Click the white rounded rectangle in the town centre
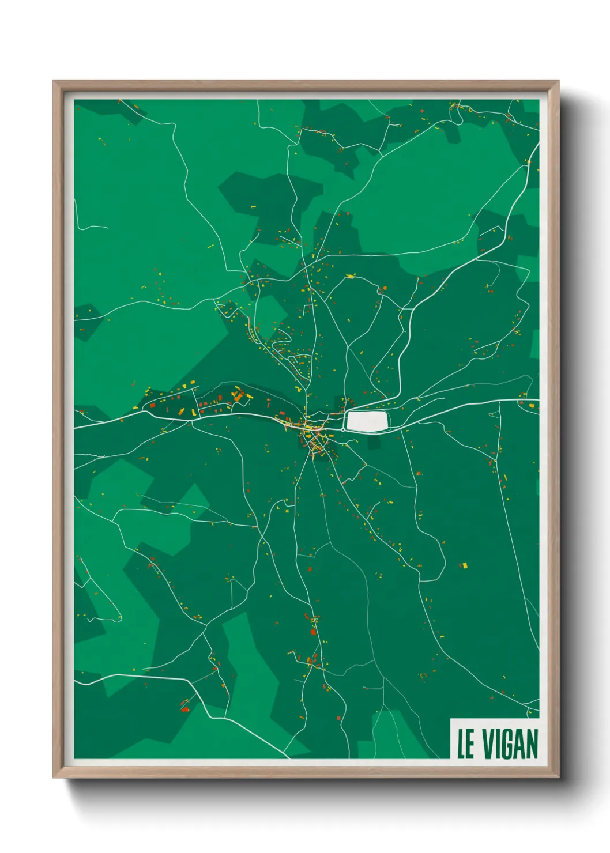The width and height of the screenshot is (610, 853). [x=367, y=421]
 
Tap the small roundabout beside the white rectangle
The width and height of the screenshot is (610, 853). [x=343, y=429]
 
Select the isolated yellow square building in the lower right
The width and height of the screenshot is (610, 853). [x=465, y=566]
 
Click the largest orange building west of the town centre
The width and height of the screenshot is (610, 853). [x=238, y=397]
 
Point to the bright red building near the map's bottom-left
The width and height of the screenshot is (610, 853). [x=185, y=709]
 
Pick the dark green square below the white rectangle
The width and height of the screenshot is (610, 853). [x=374, y=442]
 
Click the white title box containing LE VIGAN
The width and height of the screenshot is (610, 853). [x=495, y=739]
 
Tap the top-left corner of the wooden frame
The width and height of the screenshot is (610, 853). [x=54, y=82]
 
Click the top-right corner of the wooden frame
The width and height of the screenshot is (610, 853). [x=558, y=82]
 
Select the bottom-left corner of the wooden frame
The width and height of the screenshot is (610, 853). [x=54, y=777]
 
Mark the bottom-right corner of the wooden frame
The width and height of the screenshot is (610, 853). [x=558, y=777]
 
